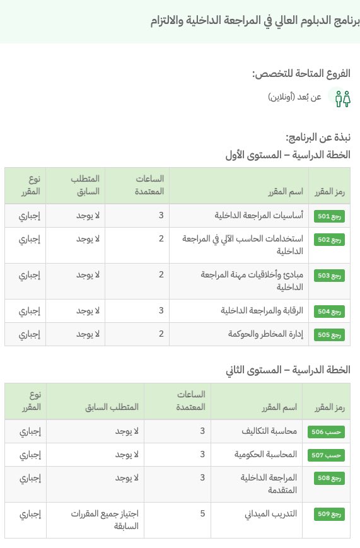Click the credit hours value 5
[202, 513]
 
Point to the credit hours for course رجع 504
[161, 311]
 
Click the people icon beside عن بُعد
[342, 98]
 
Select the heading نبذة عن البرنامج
[318, 137]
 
